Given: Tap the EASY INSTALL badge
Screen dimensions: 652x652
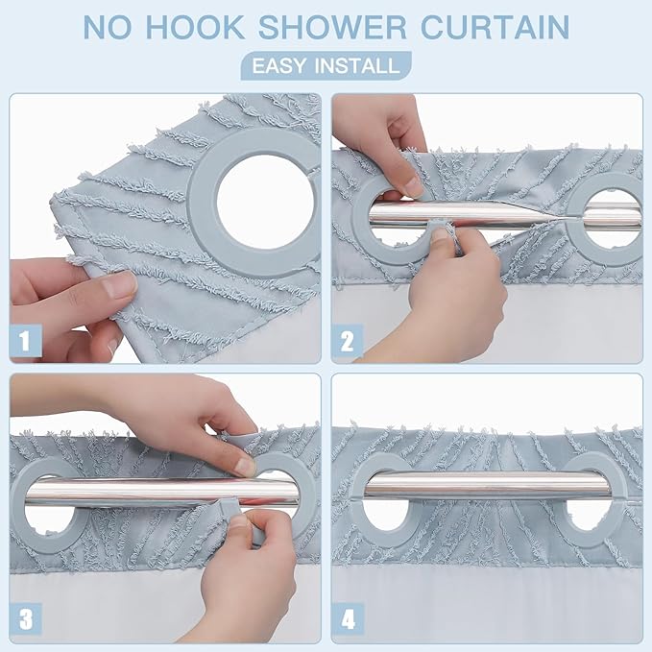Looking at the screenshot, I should coord(325,66).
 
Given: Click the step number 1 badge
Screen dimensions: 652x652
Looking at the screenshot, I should coord(26,341).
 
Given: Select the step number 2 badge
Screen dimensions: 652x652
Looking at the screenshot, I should coord(348,341).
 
